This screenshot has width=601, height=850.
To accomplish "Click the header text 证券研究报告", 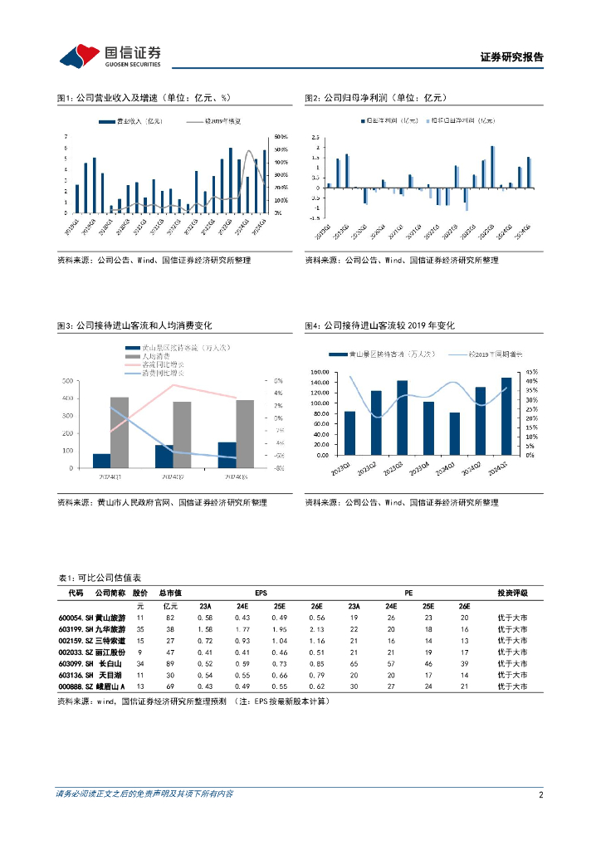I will point(512,58).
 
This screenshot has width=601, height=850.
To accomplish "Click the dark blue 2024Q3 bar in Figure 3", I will point(227,454).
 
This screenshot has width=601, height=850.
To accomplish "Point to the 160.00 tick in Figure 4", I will point(320,372).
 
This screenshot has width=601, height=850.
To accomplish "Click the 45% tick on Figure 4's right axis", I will point(530,372).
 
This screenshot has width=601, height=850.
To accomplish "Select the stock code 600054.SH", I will point(75,618).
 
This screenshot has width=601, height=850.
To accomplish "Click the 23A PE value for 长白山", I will point(354,665).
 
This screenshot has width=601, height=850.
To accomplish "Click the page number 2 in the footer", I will point(540,794).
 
